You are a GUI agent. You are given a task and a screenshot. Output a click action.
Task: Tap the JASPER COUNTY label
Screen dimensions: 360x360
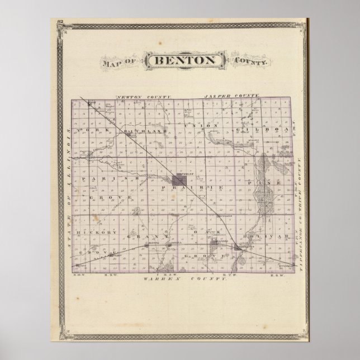pos(232,97)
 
